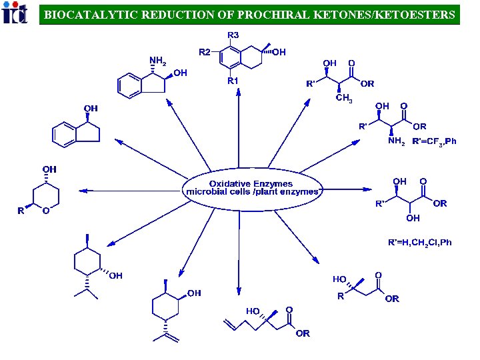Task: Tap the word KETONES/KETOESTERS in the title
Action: (397, 14)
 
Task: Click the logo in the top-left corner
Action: (15, 13)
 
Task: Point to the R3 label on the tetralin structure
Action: (234, 35)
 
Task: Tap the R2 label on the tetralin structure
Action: (205, 51)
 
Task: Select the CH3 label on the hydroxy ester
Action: (344, 99)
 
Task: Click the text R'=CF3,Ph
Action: (434, 141)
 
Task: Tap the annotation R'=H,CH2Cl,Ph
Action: (420, 242)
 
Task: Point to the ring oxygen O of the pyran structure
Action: (45, 211)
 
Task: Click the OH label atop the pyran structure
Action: (49, 169)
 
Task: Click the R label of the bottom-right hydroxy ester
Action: (341, 296)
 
